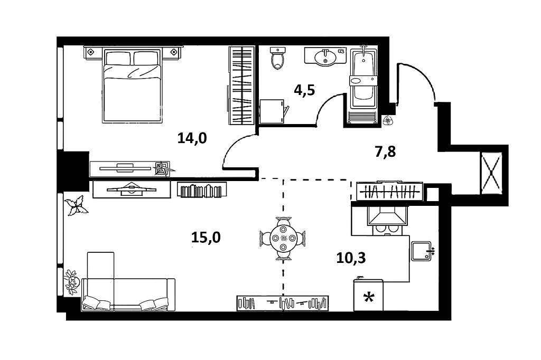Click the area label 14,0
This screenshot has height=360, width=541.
tap(192, 138)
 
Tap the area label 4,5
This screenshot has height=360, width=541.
tap(304, 90)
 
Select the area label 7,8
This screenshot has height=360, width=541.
tap(385, 152)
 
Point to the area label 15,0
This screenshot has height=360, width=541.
tap(206, 238)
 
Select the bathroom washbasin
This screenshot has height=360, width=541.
tap(324, 56)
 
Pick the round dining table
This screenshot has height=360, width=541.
tap(283, 238)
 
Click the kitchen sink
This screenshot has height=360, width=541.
tap(422, 251)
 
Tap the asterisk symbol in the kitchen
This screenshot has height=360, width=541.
tap(369, 298)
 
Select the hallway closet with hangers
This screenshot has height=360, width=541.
tap(389, 192)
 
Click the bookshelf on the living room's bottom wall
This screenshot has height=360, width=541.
tap(282, 302)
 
